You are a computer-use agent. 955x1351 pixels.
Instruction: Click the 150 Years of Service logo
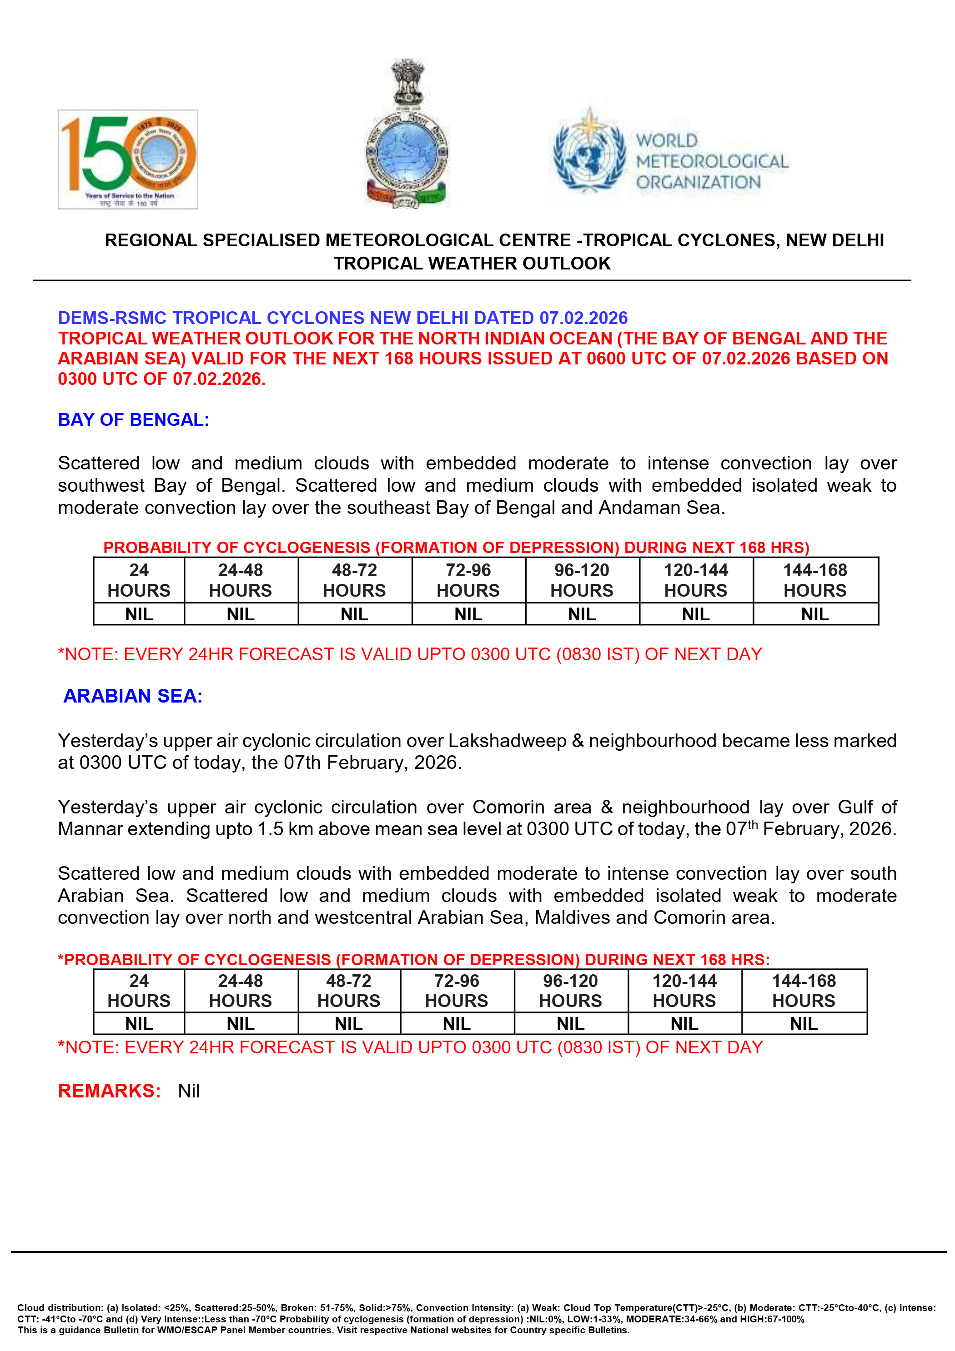[x=128, y=159]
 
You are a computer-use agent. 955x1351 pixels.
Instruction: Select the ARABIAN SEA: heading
[x=133, y=696]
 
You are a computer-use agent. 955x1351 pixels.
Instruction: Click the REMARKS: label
[x=110, y=1091]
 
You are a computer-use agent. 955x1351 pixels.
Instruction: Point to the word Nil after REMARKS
[x=189, y=1092]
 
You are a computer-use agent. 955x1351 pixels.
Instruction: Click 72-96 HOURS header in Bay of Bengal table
[x=468, y=580]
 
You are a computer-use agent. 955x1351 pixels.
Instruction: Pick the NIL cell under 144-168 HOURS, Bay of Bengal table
[x=815, y=614]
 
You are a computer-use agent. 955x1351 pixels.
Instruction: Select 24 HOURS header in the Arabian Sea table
[x=139, y=991]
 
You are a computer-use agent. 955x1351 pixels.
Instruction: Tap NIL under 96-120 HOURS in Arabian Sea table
[x=571, y=1024]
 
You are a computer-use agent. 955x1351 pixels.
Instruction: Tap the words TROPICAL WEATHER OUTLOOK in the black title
[x=472, y=264]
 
